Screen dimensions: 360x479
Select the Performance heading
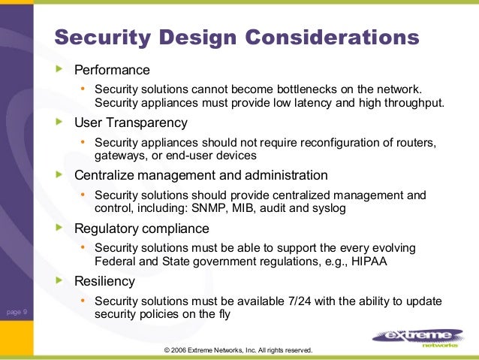112,71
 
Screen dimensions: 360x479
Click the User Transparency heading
131,123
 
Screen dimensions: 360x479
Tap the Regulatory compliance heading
142,228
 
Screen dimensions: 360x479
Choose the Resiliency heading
105,282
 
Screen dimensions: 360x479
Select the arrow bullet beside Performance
61,71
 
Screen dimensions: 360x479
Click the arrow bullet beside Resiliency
61,281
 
